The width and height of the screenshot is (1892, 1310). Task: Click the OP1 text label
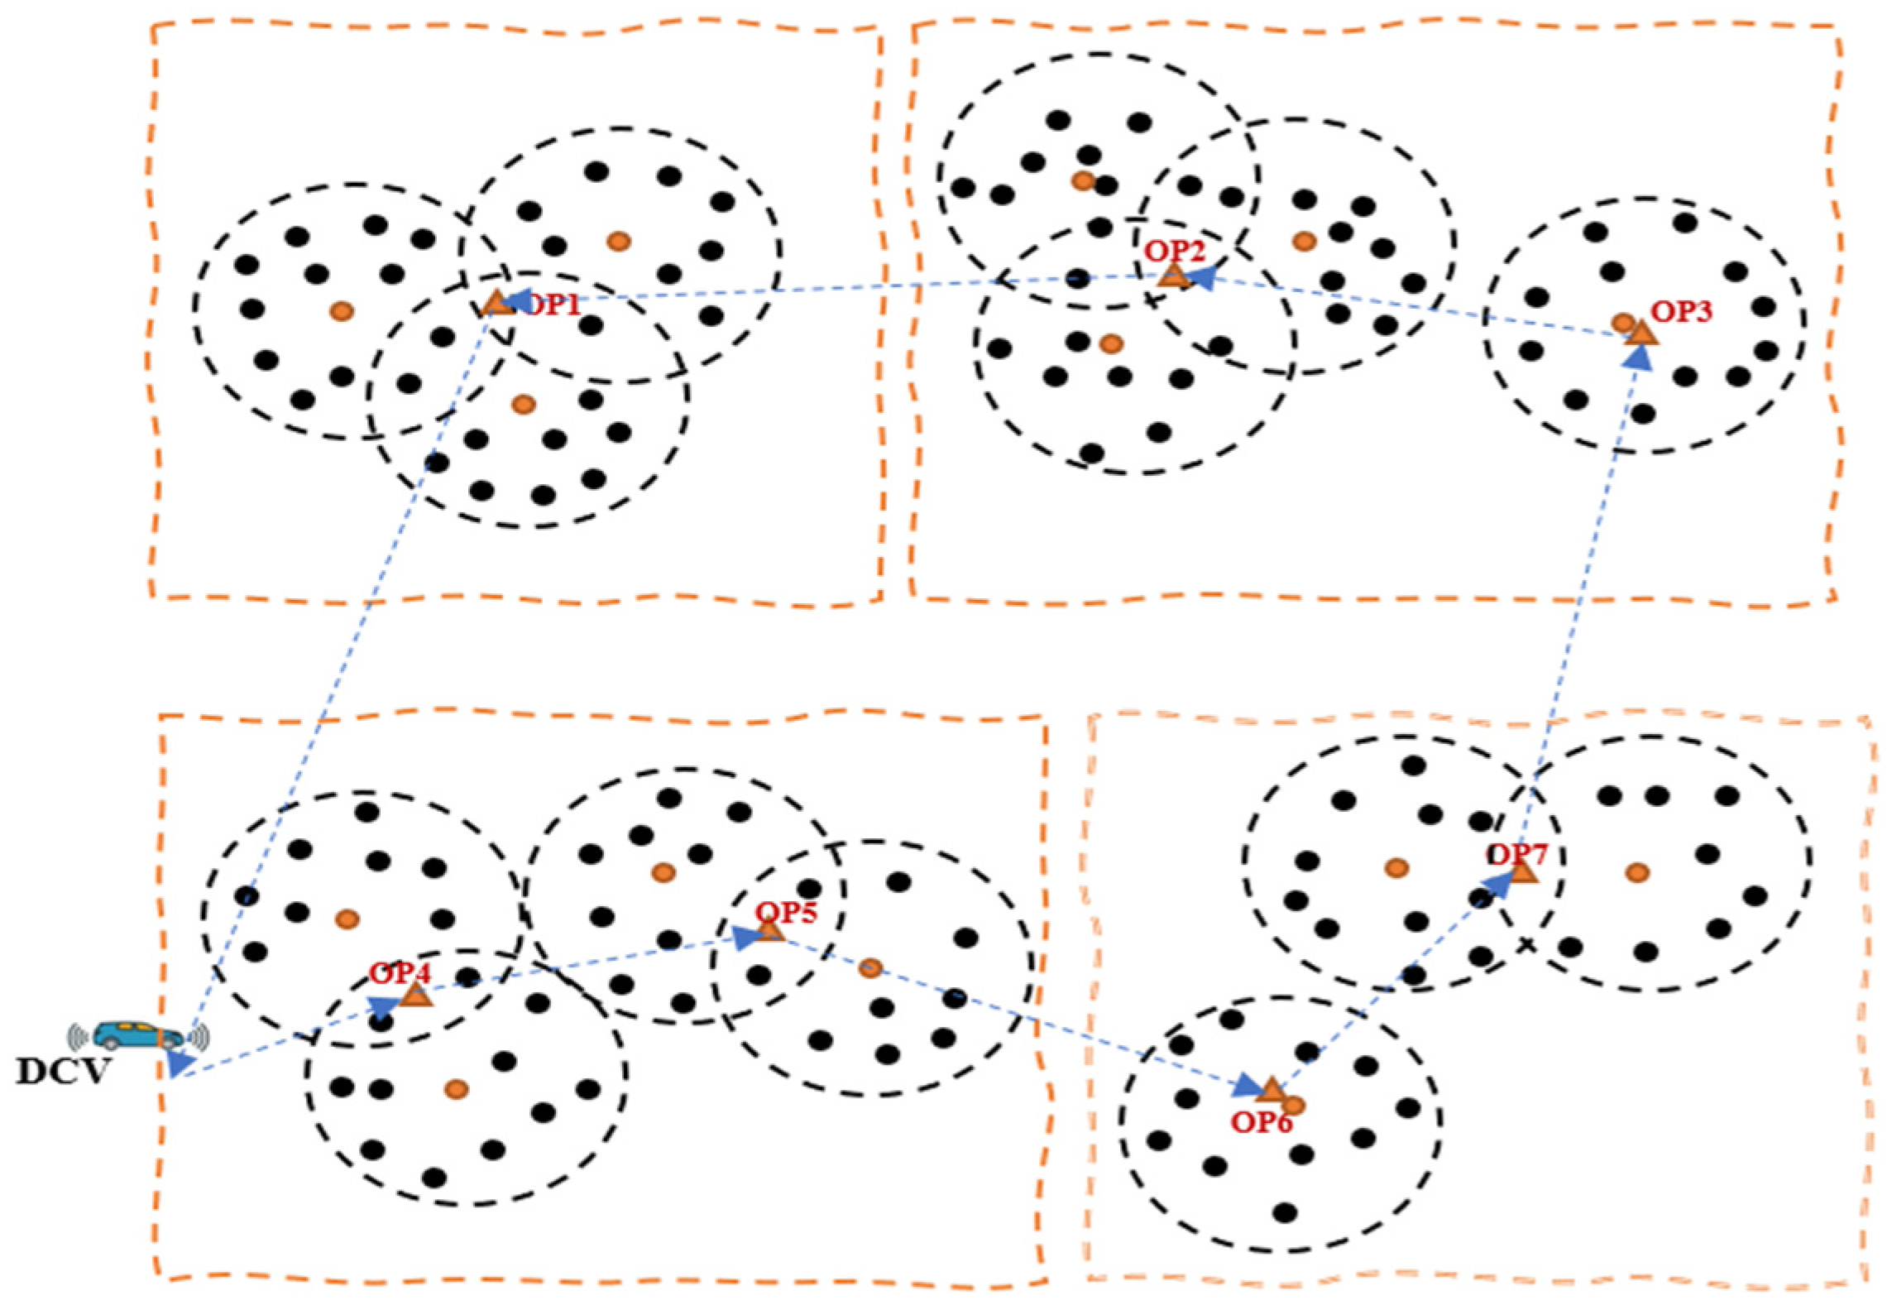pyautogui.click(x=553, y=305)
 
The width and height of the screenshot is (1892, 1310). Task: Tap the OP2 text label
pyautogui.click(x=1175, y=251)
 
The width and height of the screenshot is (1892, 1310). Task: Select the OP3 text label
pyautogui.click(x=1681, y=311)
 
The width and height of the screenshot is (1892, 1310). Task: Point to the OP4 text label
pyautogui.click(x=400, y=973)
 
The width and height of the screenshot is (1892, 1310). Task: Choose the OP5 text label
pyautogui.click(x=786, y=912)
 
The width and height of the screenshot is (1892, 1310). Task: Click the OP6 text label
pyautogui.click(x=1261, y=1122)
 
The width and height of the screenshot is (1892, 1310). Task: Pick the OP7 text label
pyautogui.click(x=1516, y=853)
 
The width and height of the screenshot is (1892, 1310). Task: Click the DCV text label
pyautogui.click(x=63, y=1072)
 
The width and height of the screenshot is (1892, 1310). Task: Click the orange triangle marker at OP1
pyautogui.click(x=496, y=304)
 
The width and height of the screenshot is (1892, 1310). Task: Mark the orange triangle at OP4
pyautogui.click(x=416, y=996)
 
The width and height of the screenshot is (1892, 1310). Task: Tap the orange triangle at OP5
pyautogui.click(x=769, y=931)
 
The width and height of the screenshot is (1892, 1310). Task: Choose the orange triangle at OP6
pyautogui.click(x=1271, y=1091)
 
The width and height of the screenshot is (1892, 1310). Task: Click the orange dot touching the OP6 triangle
pyautogui.click(x=1294, y=1105)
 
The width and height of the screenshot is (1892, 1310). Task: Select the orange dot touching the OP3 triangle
pyautogui.click(x=1622, y=322)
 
